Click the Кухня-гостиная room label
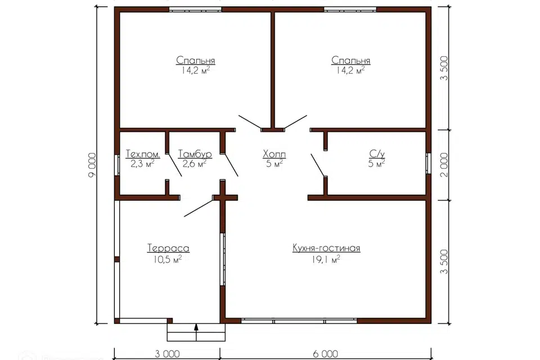tap(326, 248)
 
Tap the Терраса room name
tap(168, 248)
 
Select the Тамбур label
tap(195, 154)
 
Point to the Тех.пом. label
tap(142, 154)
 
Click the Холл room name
tap(274, 154)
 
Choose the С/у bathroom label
tap(377, 154)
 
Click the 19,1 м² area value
tap(326, 259)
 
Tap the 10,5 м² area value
tap(168, 259)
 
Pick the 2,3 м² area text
tap(142, 164)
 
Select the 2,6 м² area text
tap(195, 164)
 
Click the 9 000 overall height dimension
tap(92, 165)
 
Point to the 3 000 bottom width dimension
tap(168, 354)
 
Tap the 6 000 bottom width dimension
tap(326, 354)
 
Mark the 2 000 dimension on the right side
tap(444, 165)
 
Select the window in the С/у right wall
tap(429, 164)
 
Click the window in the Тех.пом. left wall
tap(117, 165)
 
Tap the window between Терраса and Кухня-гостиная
tap(223, 259)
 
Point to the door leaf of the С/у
tap(318, 165)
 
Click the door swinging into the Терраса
tap(199, 207)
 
